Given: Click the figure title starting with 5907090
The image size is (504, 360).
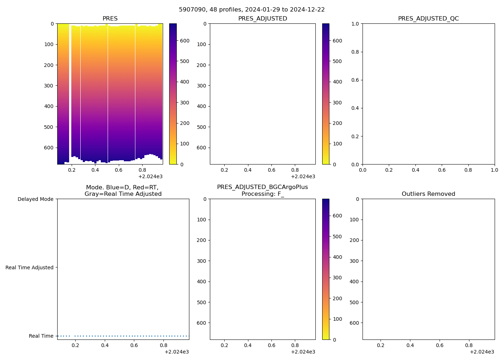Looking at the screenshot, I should [252, 10].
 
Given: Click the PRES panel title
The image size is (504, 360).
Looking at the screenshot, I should [110, 19].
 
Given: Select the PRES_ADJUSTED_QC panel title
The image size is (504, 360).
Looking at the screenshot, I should [428, 19].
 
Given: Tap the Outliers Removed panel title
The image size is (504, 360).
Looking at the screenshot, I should [428, 194].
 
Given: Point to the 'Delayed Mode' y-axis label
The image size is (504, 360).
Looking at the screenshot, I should [35, 199].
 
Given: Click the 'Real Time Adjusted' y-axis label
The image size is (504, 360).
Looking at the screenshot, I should [30, 267].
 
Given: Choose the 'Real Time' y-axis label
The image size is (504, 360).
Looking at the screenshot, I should [41, 336].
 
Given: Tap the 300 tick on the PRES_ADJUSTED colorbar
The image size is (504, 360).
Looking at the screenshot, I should [337, 103].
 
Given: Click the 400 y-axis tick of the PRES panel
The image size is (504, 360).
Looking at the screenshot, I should [49, 106].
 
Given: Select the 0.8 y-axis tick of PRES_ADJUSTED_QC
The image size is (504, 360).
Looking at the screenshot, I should [355, 52].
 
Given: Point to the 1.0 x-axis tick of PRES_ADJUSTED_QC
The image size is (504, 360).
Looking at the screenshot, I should [494, 170].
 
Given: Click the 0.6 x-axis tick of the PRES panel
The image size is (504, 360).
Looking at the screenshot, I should [119, 170].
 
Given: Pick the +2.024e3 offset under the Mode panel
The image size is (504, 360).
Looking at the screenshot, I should [176, 352].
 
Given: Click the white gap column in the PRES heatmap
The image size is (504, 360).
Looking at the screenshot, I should [70, 90].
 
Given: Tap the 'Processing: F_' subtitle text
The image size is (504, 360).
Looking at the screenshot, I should [262, 194].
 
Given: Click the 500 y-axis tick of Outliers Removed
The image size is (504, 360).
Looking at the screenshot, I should [354, 302].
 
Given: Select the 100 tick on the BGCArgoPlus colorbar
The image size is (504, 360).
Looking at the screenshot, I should [337, 319].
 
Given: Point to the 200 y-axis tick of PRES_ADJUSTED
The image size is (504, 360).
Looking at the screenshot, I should [202, 65].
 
